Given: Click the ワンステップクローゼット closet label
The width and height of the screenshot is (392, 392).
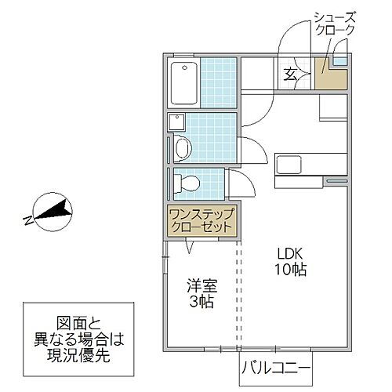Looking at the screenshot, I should point(201,219).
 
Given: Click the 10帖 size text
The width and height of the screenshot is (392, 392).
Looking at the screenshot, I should point(290,270).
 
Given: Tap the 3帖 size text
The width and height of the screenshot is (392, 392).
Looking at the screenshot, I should point(201,303).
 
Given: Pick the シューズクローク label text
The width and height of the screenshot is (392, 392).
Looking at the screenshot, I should point(335,24).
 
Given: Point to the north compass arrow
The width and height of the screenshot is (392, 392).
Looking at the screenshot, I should point(55,209).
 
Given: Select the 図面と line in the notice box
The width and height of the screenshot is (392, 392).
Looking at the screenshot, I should point(77,321).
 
